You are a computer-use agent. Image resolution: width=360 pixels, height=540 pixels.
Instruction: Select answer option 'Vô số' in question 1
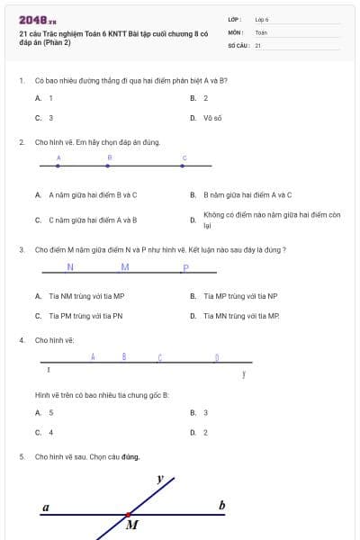(x=213, y=118)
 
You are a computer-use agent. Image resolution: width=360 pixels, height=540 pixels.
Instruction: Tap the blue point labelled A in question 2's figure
(x=58, y=166)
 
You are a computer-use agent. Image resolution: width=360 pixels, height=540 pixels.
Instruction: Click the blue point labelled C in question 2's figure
(x=184, y=166)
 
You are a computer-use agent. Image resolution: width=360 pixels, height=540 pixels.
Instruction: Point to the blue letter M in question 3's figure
(x=125, y=267)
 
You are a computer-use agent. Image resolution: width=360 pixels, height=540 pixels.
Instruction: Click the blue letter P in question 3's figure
(x=185, y=268)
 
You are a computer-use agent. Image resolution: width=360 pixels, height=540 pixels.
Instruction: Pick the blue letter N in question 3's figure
(x=70, y=267)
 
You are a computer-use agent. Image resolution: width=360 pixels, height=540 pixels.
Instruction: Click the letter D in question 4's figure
(x=217, y=357)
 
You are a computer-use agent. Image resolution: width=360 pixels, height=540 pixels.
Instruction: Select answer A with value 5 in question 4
(x=50, y=413)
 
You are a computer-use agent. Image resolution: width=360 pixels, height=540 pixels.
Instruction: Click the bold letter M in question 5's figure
(x=132, y=525)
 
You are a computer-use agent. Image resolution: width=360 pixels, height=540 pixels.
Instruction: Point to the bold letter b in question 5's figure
(x=222, y=506)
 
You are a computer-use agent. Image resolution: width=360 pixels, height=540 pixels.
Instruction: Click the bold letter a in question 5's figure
(x=46, y=508)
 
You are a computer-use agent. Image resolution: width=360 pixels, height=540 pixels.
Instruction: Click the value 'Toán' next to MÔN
(x=261, y=31)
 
